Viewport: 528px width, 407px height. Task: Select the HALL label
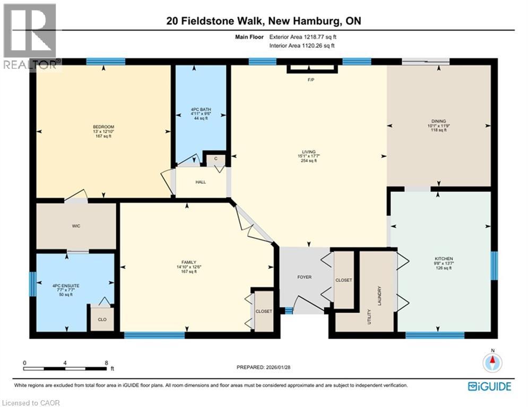coord(201,182)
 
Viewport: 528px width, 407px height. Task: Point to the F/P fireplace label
coord(311,80)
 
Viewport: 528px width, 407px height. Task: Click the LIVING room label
coord(308,151)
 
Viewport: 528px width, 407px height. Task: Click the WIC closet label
coord(76,225)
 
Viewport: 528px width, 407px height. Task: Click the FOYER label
coord(304,277)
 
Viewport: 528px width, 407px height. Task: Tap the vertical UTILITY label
coord(368,317)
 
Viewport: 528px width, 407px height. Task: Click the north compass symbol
coord(492,362)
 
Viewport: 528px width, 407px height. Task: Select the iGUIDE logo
coord(489,386)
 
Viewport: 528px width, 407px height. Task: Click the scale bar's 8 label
coord(107,362)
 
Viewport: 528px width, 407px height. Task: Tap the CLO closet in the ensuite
coord(101,320)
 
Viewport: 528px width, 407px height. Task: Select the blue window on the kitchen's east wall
coord(494,265)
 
